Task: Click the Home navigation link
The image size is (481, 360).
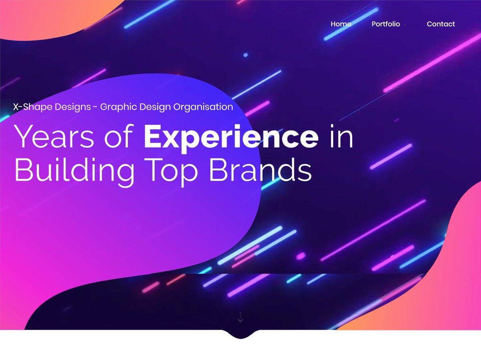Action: (x=341, y=24)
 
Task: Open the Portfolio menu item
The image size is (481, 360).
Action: (x=386, y=24)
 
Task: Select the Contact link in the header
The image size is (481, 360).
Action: (x=441, y=24)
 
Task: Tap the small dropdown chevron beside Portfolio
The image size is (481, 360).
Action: (x=405, y=25)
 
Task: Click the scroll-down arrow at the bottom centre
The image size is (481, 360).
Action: (x=240, y=318)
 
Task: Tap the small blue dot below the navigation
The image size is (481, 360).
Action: (x=246, y=55)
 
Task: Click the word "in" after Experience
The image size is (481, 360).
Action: (x=341, y=137)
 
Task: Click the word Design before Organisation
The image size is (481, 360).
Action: (x=154, y=107)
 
